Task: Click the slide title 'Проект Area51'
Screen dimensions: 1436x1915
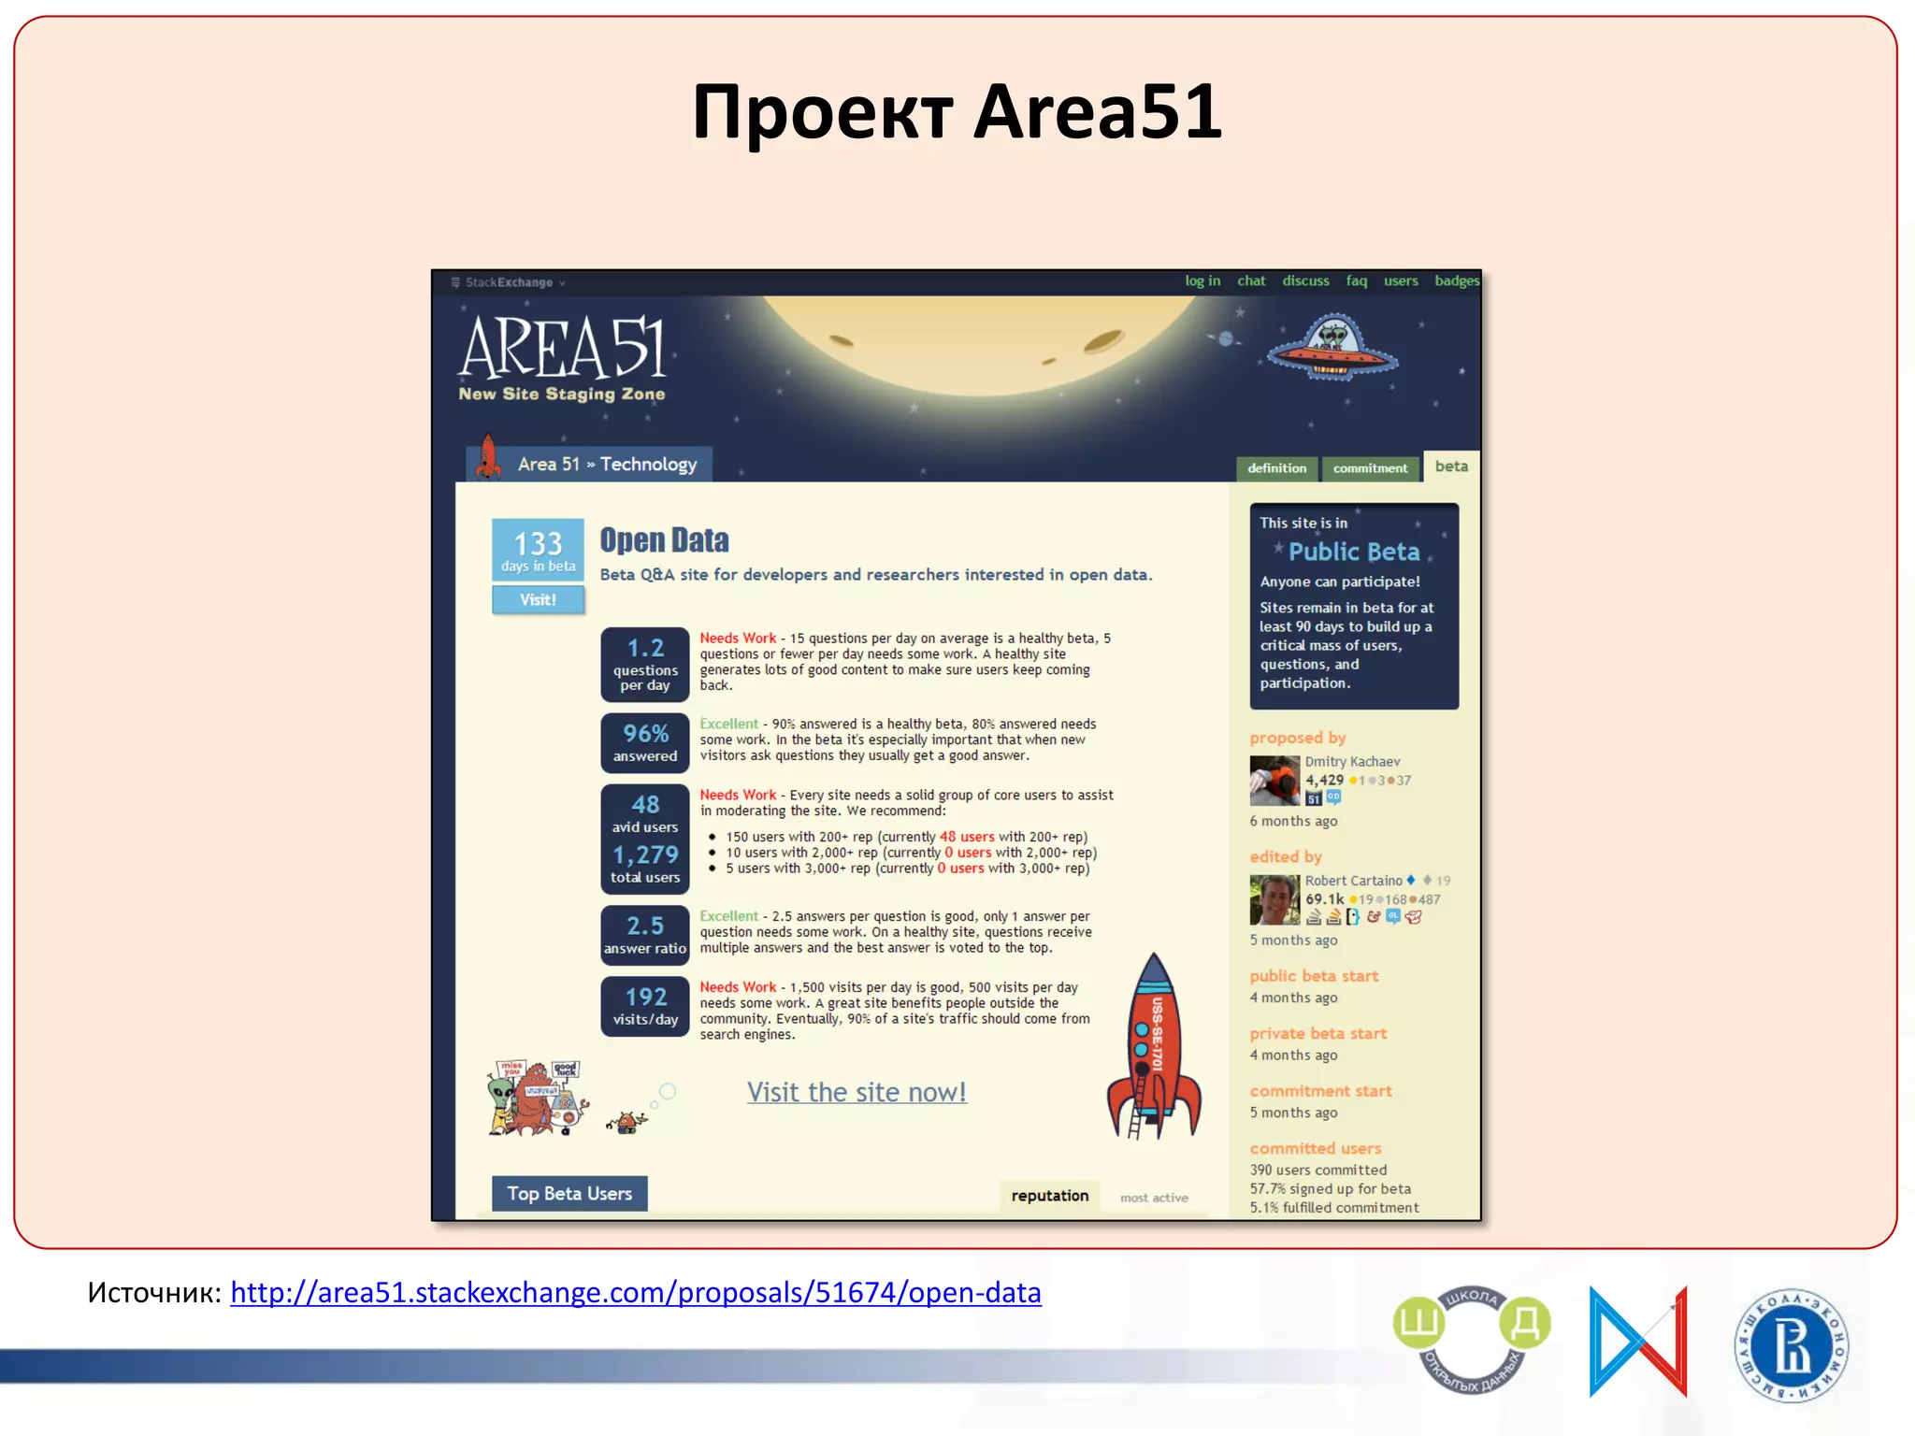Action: point(957,112)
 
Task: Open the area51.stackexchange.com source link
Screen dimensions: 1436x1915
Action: point(635,1292)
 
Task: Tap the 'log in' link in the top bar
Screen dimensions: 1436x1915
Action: point(1202,280)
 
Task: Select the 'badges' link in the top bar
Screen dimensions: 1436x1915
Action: point(1457,280)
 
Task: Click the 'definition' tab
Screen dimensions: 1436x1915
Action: point(1276,468)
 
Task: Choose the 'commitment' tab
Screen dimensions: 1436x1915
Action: point(1370,468)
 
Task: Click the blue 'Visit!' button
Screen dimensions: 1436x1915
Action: point(538,600)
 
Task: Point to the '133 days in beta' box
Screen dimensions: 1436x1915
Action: point(538,550)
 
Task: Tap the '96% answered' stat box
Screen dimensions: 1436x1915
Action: point(645,743)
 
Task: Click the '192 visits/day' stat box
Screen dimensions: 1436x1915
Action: point(645,1007)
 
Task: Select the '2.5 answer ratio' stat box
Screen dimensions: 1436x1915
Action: point(645,934)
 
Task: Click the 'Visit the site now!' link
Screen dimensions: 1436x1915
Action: point(857,1092)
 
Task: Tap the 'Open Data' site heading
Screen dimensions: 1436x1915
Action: point(664,540)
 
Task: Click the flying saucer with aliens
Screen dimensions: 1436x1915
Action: point(1332,349)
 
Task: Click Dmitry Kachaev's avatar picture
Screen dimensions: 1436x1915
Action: point(1274,781)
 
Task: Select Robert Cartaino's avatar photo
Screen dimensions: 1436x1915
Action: point(1274,899)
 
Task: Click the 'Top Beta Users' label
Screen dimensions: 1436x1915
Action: point(569,1194)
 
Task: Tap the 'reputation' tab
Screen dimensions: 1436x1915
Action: point(1050,1196)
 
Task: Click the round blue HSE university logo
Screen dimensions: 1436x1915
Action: point(1791,1345)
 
